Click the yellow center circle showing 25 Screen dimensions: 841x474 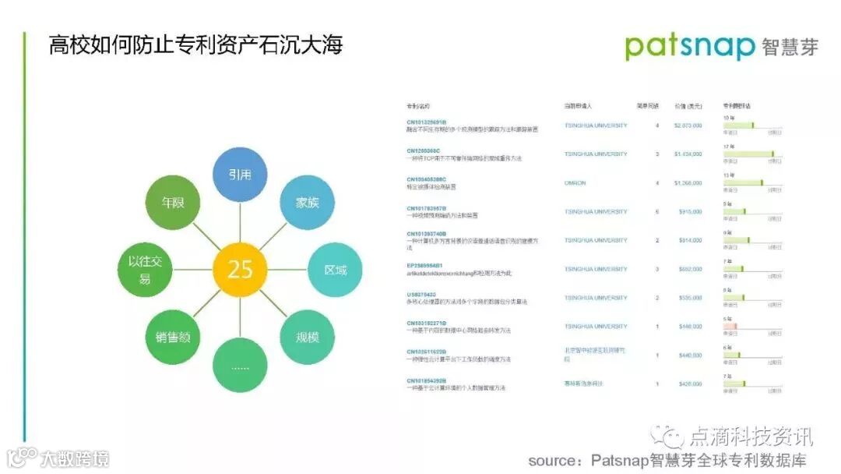(240, 270)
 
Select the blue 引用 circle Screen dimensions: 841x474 (240, 174)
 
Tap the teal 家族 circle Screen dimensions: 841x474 (307, 203)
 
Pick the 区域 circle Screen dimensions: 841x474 (336, 271)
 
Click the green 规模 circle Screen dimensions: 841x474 (307, 338)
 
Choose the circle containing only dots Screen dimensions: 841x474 (240, 366)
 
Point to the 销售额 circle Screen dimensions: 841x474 (172, 338)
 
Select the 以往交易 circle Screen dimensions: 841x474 (145, 271)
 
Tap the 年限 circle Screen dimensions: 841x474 (172, 203)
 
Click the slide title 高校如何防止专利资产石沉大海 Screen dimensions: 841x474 (195, 44)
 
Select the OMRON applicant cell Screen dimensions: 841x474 (575, 183)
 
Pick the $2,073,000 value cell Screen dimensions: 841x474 (688, 126)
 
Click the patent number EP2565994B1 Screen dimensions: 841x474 (424, 266)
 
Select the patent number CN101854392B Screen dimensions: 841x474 (426, 380)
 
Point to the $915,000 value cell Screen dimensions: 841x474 (689, 212)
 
